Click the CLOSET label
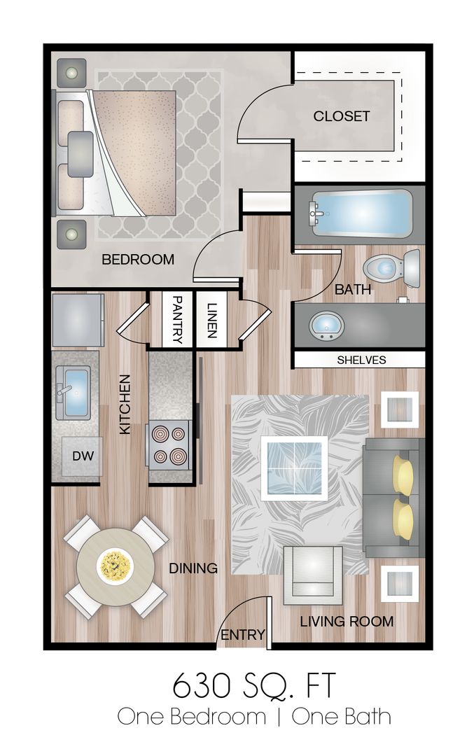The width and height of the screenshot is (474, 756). click(x=342, y=116)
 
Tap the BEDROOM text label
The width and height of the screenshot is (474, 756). click(x=138, y=260)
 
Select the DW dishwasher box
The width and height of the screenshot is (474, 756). click(x=82, y=456)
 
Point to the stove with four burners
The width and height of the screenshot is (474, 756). click(x=169, y=444)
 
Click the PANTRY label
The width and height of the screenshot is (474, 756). click(x=177, y=320)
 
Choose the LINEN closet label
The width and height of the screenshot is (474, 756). click(x=211, y=320)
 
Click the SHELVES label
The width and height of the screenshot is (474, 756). click(x=362, y=360)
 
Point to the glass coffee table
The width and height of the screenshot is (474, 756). click(x=294, y=468)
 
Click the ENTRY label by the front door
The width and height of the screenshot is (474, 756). click(x=242, y=635)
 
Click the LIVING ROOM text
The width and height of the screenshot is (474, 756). click(x=347, y=622)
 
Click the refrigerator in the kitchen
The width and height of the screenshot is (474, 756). click(x=78, y=320)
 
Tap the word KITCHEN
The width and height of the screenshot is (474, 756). click(x=125, y=405)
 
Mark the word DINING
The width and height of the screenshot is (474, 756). click(x=193, y=568)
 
